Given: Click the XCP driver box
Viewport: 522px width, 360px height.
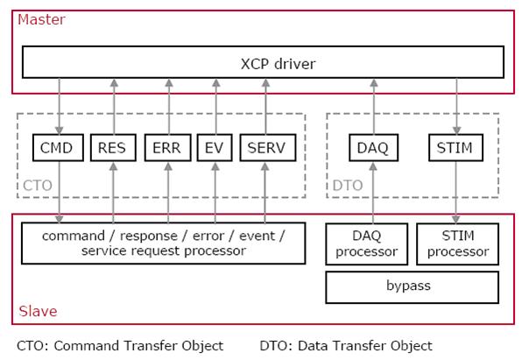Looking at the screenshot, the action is click(263, 62).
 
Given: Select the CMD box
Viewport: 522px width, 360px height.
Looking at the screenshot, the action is click(58, 147).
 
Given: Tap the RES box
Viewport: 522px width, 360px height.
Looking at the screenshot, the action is click(113, 147).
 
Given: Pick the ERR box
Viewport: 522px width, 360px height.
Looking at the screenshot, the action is click(168, 147).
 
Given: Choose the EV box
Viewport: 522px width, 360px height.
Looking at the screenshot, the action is click(215, 147).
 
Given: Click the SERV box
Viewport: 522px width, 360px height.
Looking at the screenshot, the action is click(268, 147).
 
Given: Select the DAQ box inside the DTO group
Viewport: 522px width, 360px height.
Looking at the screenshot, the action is click(373, 147).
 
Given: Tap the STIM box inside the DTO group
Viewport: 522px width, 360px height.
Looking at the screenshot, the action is click(455, 147).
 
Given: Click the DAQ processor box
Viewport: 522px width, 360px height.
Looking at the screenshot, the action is click(366, 244).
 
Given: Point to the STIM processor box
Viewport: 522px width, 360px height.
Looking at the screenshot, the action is click(458, 244).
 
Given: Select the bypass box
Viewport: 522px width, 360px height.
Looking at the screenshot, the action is click(413, 287).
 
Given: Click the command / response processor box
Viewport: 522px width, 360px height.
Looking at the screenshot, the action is click(164, 244).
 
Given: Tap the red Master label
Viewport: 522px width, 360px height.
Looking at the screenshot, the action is click(41, 19).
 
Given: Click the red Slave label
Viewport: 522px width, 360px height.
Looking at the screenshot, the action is click(38, 311).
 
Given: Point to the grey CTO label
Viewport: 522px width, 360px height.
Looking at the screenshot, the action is click(38, 185).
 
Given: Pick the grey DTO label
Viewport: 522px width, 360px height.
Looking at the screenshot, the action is click(348, 185).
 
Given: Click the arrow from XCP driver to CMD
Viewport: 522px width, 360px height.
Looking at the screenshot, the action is click(60, 106).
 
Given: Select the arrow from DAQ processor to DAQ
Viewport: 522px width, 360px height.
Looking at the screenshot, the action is click(373, 193).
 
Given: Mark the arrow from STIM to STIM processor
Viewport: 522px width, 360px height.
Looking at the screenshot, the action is click(455, 193).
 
